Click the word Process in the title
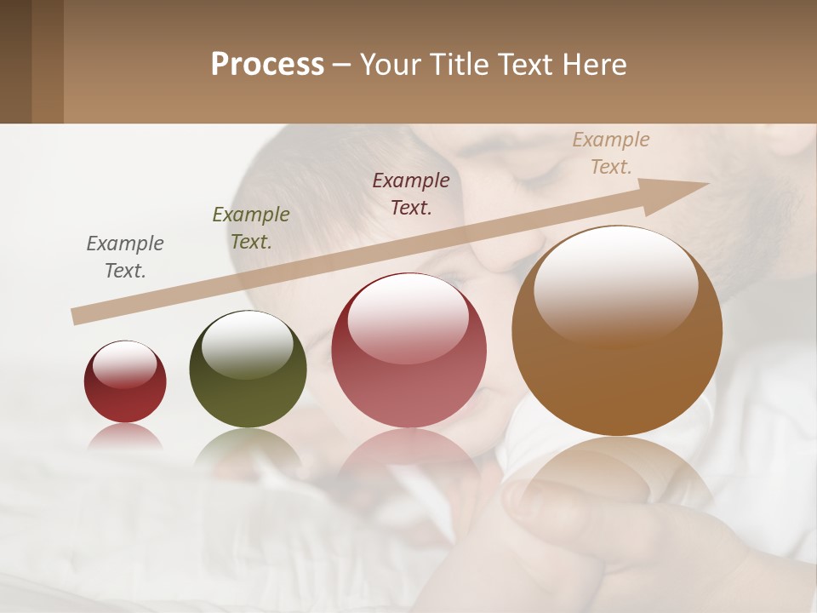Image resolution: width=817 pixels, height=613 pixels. click(x=267, y=65)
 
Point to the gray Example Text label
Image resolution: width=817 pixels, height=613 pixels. click(x=125, y=257)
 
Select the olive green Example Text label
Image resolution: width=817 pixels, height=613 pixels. click(x=251, y=228)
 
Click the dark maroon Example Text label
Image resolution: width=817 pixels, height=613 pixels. click(x=411, y=193)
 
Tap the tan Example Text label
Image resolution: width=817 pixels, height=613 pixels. click(x=611, y=153)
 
